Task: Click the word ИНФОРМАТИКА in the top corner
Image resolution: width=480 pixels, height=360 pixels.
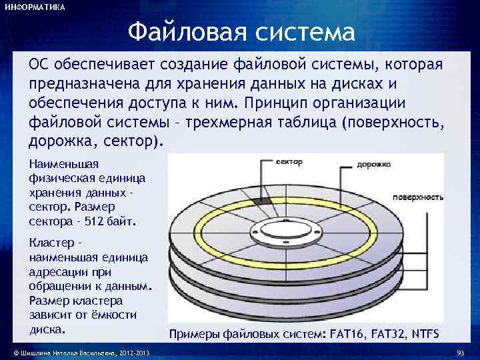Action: pos(35,7)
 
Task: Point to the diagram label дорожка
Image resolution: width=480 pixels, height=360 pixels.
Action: pos(373,163)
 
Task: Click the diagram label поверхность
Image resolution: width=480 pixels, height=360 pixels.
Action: pos(418,197)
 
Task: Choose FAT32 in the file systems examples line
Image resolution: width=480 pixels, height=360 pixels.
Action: pos(390,333)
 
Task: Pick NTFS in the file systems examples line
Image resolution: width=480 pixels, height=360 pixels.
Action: pos(427,333)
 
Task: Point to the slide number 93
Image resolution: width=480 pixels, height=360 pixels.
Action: pos(459,352)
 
